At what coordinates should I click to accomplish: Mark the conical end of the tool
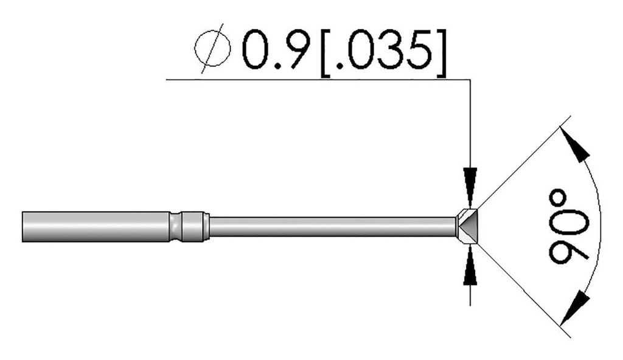click(x=467, y=227)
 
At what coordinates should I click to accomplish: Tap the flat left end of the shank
click(x=23, y=226)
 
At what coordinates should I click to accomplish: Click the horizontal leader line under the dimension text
click(x=316, y=78)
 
